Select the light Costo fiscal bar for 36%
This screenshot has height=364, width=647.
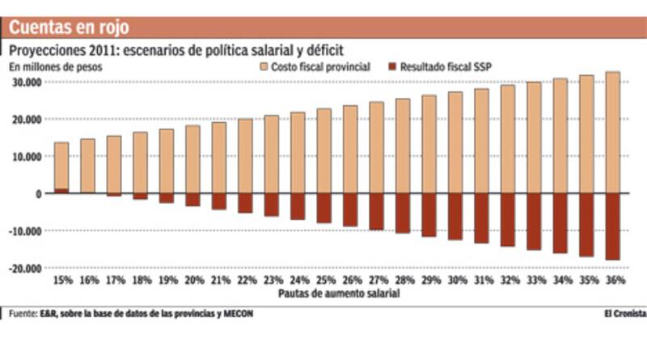pos(613,133)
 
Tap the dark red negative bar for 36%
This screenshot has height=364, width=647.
pos(613,226)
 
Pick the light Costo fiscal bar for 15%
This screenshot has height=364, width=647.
pos(61,166)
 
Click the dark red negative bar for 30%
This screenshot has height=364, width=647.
pos(455,216)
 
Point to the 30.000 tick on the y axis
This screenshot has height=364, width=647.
pos(26,82)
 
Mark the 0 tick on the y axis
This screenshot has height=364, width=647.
pos(37,194)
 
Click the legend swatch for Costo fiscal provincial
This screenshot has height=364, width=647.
pos(263,67)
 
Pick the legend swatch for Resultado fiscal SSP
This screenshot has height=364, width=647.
pos(393,67)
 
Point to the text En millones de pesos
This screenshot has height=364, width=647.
pos(56,67)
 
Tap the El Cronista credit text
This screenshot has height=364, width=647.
pos(624,314)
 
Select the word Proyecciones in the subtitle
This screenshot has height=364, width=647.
pos(48,51)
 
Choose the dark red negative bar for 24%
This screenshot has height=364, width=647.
pos(298,206)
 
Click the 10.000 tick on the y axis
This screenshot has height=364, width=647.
pos(26,156)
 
